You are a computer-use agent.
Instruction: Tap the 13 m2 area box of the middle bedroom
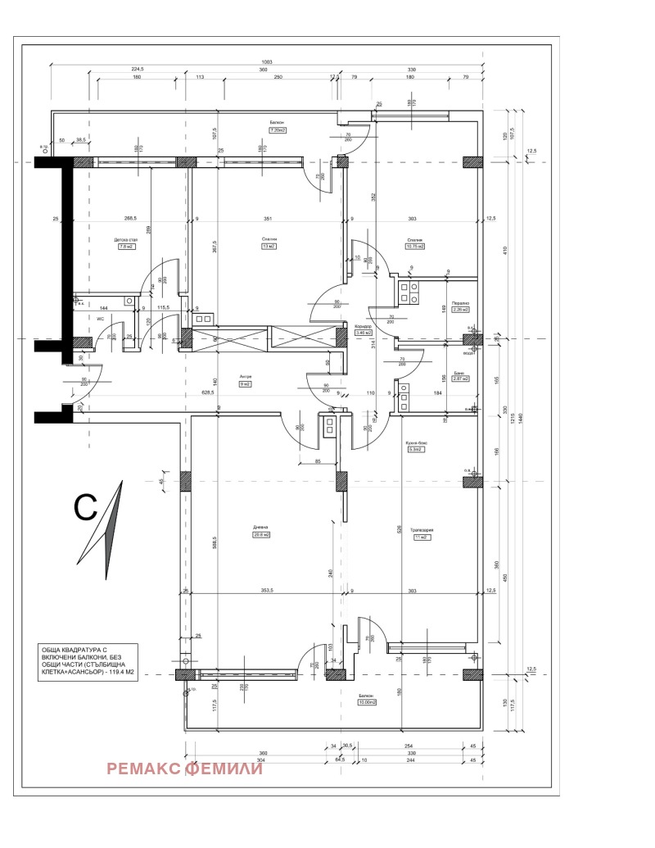click(267, 246)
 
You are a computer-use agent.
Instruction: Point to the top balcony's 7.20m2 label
click(277, 129)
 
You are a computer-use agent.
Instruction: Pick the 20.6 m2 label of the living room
click(261, 535)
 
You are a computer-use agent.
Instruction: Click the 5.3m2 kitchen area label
click(413, 450)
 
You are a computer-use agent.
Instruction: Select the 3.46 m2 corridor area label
click(363, 333)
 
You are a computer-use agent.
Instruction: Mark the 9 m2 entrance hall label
click(246, 383)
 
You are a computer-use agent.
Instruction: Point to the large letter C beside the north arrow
click(88, 508)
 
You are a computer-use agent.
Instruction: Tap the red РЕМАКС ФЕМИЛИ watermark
click(184, 769)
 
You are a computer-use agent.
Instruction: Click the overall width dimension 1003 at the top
click(267, 62)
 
